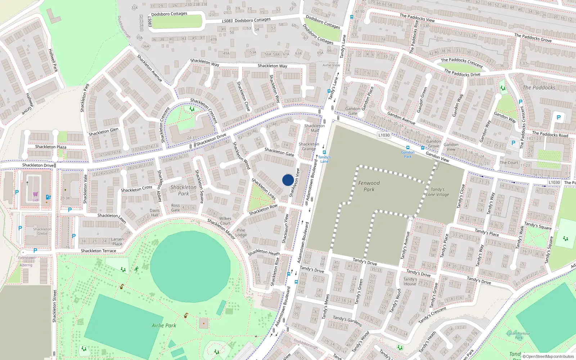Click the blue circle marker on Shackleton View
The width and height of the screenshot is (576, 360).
pos(288,180)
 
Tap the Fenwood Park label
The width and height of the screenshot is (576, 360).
pos(369,186)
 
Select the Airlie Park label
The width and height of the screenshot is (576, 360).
pos(164,325)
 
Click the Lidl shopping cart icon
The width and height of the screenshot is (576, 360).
pos(35,194)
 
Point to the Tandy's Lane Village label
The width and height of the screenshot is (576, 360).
pos(437,192)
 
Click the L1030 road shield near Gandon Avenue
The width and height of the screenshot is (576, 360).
pos(384,135)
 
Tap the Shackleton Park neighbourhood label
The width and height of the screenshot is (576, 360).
pos(184,190)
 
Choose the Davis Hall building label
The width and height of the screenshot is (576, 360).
pos(154,213)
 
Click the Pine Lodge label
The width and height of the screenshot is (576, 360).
pos(241,233)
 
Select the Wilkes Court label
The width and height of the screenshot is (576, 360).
pos(225,221)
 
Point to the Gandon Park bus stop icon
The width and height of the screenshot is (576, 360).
pos(408,148)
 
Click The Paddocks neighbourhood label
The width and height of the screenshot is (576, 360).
pos(539,87)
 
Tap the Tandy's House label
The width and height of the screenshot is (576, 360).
pos(410,281)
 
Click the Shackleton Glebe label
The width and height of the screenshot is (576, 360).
pos(42,231)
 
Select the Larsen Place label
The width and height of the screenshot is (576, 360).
pos(117,241)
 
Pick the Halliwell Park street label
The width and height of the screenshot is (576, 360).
pos(53,60)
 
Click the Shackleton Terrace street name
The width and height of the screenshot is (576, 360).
pos(98,251)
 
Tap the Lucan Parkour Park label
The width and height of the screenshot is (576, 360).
pos(519,336)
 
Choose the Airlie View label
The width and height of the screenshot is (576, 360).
pos(331,65)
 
